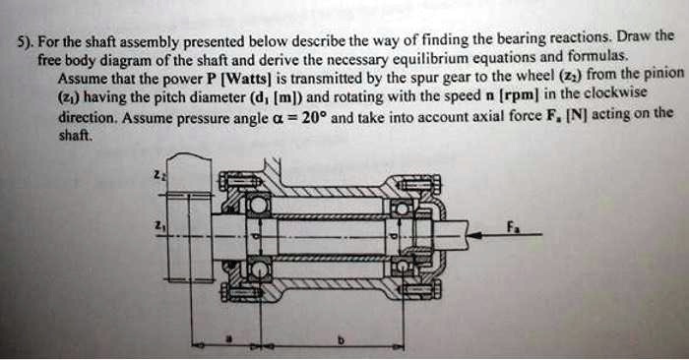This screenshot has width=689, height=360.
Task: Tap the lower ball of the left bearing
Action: click(258, 266)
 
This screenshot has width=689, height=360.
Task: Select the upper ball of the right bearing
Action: click(401, 208)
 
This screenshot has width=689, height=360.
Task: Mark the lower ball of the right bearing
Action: click(401, 266)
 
